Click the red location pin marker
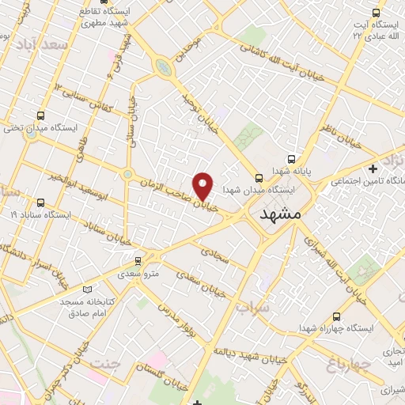203,185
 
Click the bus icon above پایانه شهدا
292,158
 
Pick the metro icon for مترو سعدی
138,260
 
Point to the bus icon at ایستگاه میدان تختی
41,115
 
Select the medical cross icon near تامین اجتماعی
373,169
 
